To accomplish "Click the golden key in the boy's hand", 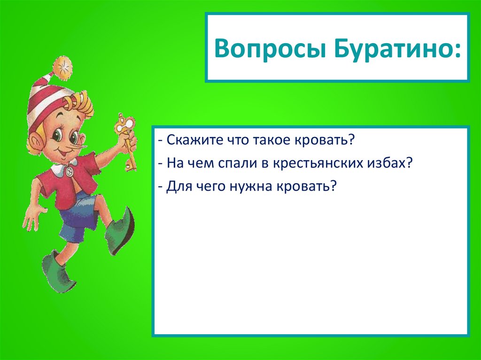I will point(126,138).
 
